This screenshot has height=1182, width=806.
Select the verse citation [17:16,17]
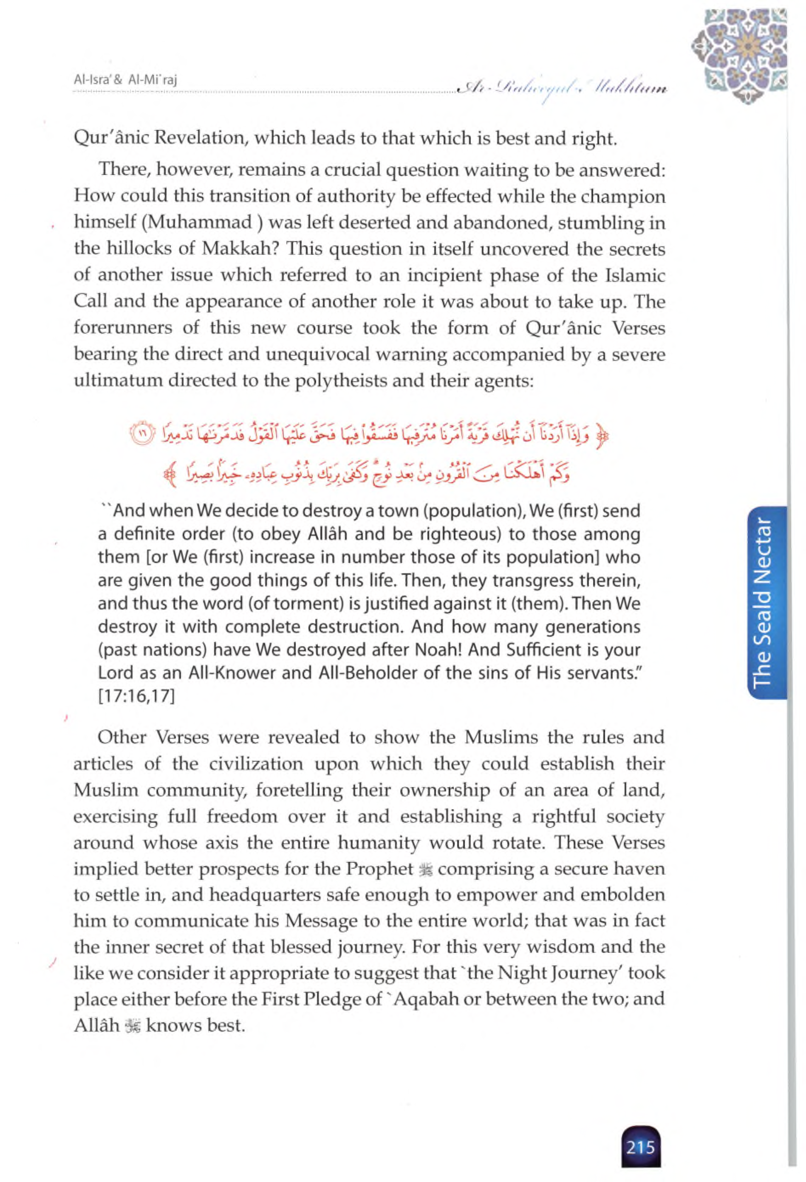click(x=136, y=696)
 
